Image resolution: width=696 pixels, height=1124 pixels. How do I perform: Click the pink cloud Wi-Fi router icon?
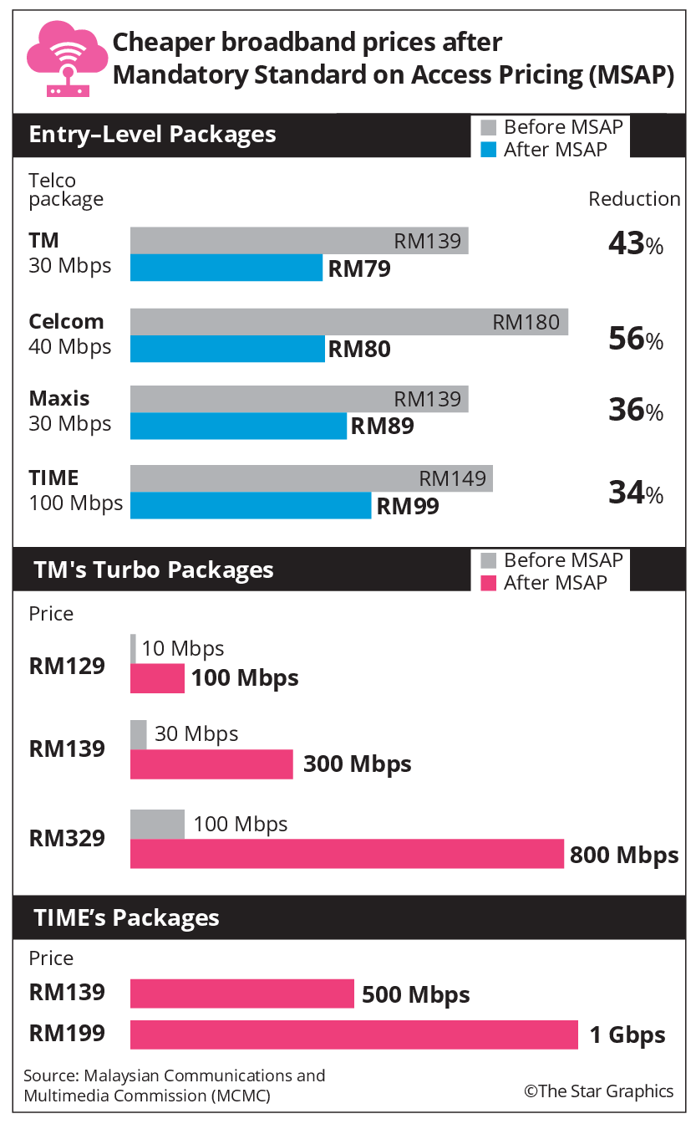pos(67,59)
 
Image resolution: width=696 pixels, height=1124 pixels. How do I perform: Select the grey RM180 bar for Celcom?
pos(349,322)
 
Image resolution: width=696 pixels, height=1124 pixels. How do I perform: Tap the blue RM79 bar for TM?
pos(226,268)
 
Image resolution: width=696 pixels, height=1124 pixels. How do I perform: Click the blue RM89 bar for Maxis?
pos(238,426)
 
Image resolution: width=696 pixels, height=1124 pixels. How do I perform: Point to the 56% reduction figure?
pos(636,339)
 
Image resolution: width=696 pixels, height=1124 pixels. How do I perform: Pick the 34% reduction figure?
pos(636,493)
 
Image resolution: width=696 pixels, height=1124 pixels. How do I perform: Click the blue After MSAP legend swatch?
pos(489,150)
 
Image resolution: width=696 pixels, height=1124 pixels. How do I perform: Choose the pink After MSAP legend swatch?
pos(489,583)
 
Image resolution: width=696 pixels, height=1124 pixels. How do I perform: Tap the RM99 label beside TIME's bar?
pos(408,506)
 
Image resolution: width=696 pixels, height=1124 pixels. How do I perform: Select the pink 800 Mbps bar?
pos(347,854)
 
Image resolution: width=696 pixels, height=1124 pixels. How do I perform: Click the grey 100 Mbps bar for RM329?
pos(157,824)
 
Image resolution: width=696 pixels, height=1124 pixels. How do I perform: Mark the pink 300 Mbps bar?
pos(211,764)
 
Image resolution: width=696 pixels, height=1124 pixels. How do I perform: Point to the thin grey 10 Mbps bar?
pos(133,649)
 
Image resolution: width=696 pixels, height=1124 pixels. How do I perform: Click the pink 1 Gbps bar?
pos(354,1035)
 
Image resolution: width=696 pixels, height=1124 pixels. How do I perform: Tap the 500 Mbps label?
pos(416,994)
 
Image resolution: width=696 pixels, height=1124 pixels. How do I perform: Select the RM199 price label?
pos(67,1034)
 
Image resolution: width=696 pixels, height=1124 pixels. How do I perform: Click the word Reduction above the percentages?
pos(634,199)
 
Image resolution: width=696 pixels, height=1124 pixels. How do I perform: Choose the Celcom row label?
pos(66,322)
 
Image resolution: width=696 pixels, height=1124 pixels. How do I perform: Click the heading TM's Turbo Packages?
pos(154,570)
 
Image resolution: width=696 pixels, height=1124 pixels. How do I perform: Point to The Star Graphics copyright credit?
pos(599,1091)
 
